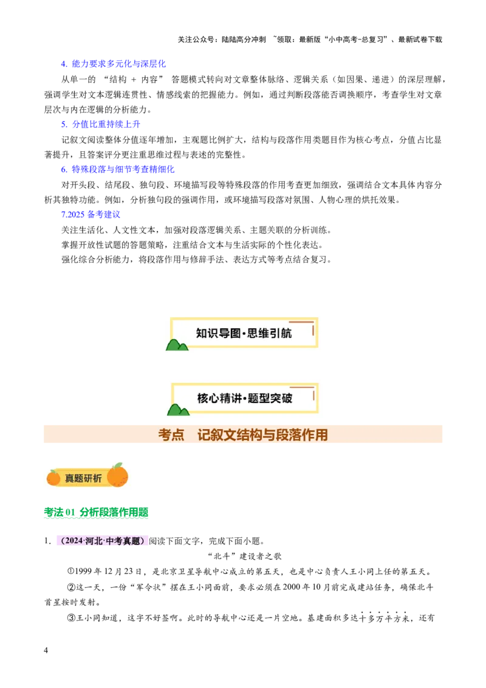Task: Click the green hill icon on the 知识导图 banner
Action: (x=177, y=345)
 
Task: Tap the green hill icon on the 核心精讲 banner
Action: (x=177, y=410)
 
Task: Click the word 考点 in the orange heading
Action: (x=171, y=435)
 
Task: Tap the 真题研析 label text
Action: (x=83, y=478)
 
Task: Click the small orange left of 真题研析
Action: (x=53, y=478)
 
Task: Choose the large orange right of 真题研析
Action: (x=118, y=475)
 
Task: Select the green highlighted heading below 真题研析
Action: (x=97, y=514)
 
